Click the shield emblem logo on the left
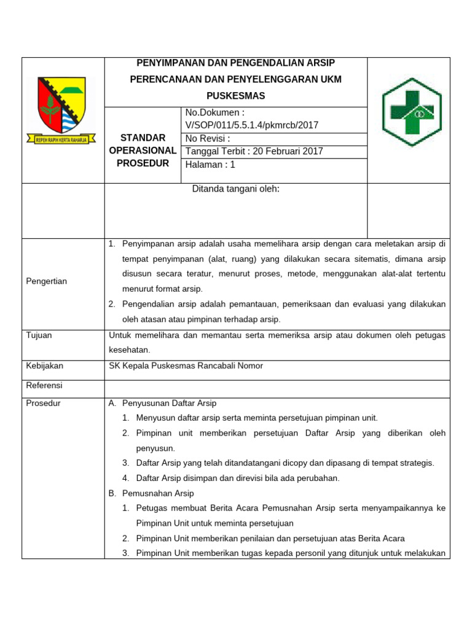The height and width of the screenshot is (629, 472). pos(63,106)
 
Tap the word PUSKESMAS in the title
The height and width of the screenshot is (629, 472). pos(236,96)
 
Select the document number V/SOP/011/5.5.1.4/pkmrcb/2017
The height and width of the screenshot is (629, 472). pos(252,125)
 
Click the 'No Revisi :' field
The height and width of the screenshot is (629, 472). pos(208,138)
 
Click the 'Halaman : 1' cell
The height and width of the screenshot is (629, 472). pos(210,165)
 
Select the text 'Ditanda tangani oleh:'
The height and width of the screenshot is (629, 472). pos(236,189)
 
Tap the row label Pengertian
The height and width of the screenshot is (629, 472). pos(47,281)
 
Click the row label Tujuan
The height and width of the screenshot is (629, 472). pos(39,335)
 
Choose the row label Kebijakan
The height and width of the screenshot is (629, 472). pos(44,366)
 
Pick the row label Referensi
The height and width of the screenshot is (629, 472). pos(44,386)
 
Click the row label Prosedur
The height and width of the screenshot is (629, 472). pos(43,404)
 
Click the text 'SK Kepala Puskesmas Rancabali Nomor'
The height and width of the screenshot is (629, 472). pos(186,366)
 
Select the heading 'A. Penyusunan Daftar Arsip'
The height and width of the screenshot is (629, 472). pos(163,404)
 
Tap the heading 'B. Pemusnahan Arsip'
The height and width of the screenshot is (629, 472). pos(151,493)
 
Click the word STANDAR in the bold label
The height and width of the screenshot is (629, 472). pos(143,138)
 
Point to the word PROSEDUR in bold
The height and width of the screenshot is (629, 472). pos(143,163)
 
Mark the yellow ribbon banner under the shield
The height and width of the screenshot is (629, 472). pos(61,139)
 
